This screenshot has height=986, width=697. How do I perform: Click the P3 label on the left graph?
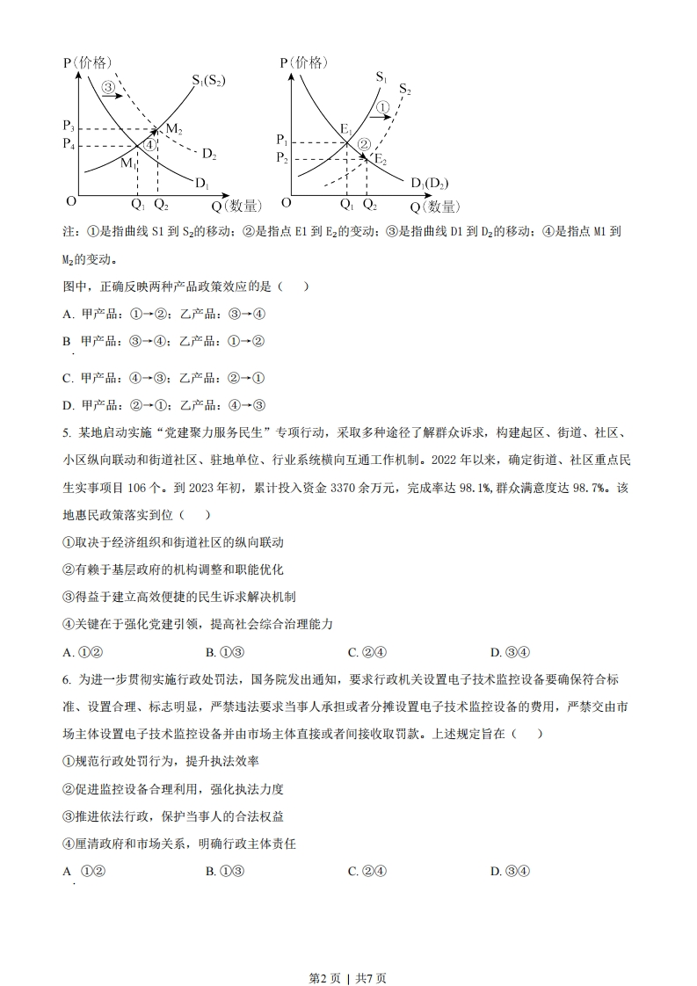click(69, 127)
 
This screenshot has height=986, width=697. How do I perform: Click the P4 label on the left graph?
click(69, 143)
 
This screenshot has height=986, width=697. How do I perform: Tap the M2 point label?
click(173, 130)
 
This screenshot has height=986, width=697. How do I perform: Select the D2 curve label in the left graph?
click(209, 155)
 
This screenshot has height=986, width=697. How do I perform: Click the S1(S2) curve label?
click(208, 81)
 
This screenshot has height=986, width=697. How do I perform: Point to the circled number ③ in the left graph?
click(108, 87)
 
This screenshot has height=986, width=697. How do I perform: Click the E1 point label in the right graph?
click(345, 131)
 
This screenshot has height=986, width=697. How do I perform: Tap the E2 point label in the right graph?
click(380, 159)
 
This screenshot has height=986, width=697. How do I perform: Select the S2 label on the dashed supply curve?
click(404, 89)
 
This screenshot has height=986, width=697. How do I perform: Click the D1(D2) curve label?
click(429, 183)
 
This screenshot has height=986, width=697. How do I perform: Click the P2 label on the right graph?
click(281, 157)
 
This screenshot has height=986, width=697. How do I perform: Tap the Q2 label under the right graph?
click(369, 205)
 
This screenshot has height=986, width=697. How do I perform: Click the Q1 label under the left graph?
click(137, 205)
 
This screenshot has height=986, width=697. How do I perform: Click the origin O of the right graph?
click(286, 203)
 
